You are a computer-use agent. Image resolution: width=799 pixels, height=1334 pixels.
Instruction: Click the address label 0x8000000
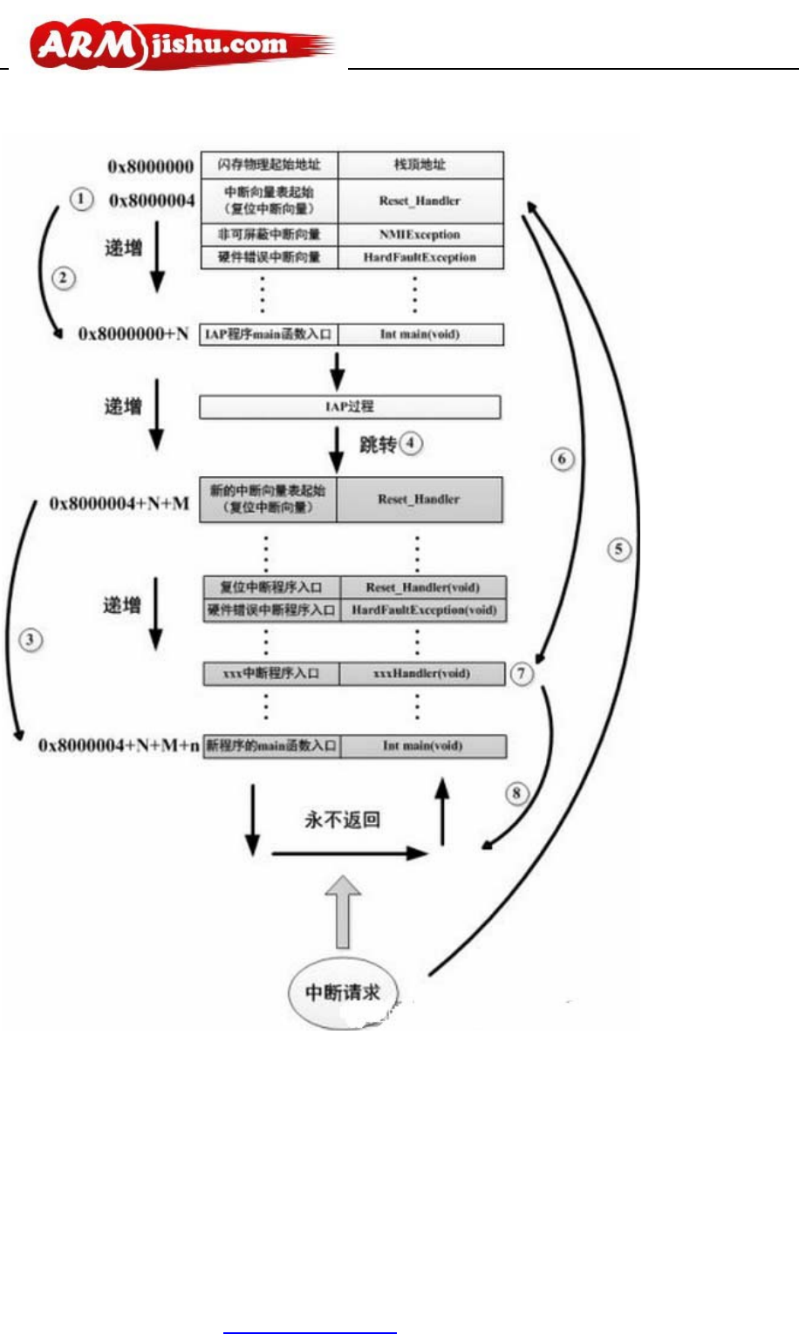click(x=151, y=166)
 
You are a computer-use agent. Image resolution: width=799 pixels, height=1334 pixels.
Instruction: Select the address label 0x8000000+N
click(x=133, y=334)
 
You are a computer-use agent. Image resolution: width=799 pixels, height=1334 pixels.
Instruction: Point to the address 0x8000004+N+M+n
click(x=119, y=745)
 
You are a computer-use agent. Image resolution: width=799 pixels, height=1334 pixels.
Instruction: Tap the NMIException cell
click(x=420, y=235)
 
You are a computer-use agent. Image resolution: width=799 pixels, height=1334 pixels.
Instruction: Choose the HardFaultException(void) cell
click(x=424, y=610)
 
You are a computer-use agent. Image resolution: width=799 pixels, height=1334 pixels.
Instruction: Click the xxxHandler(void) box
click(x=421, y=674)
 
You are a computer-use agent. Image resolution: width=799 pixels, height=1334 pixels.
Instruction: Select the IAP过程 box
click(x=350, y=406)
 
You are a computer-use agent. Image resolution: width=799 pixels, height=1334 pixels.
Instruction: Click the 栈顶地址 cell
click(x=420, y=165)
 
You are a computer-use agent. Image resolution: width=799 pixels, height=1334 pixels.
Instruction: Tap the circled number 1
click(x=81, y=200)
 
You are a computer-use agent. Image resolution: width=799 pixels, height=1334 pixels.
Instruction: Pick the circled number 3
click(x=31, y=640)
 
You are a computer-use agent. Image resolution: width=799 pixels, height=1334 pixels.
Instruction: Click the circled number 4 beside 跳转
click(x=410, y=444)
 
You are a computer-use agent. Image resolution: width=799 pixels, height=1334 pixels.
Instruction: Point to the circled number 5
click(x=618, y=549)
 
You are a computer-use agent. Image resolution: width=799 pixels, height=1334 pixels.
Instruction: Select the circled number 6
click(x=562, y=459)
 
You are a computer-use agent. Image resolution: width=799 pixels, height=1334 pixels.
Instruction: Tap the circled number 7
click(x=522, y=674)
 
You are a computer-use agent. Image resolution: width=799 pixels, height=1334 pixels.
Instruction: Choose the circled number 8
click(x=517, y=793)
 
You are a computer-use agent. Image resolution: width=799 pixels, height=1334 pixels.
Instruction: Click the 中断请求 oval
click(x=343, y=992)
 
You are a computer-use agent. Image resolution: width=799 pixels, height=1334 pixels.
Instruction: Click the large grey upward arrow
click(x=343, y=911)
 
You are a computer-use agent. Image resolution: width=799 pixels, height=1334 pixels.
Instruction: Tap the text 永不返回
click(x=342, y=820)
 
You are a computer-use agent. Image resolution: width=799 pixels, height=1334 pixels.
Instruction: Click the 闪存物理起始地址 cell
click(x=269, y=165)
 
